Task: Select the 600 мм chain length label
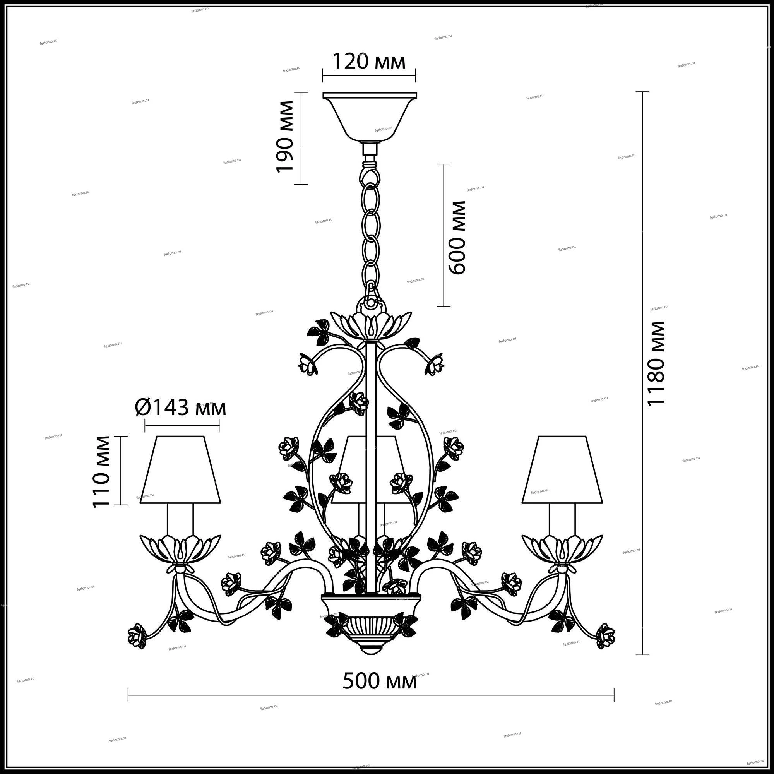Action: pos(457,238)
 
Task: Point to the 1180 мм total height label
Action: pos(657,364)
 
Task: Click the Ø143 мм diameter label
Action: pos(180,408)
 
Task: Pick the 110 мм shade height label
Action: pos(101,471)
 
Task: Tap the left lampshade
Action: pos(180,469)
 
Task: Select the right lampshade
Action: pos(562,469)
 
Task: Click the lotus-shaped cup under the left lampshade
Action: pos(180,550)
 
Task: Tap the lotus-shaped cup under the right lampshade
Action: pos(562,550)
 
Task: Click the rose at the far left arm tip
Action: pos(137,636)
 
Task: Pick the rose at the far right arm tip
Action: pos(605,636)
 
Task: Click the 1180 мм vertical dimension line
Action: pos(642,373)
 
